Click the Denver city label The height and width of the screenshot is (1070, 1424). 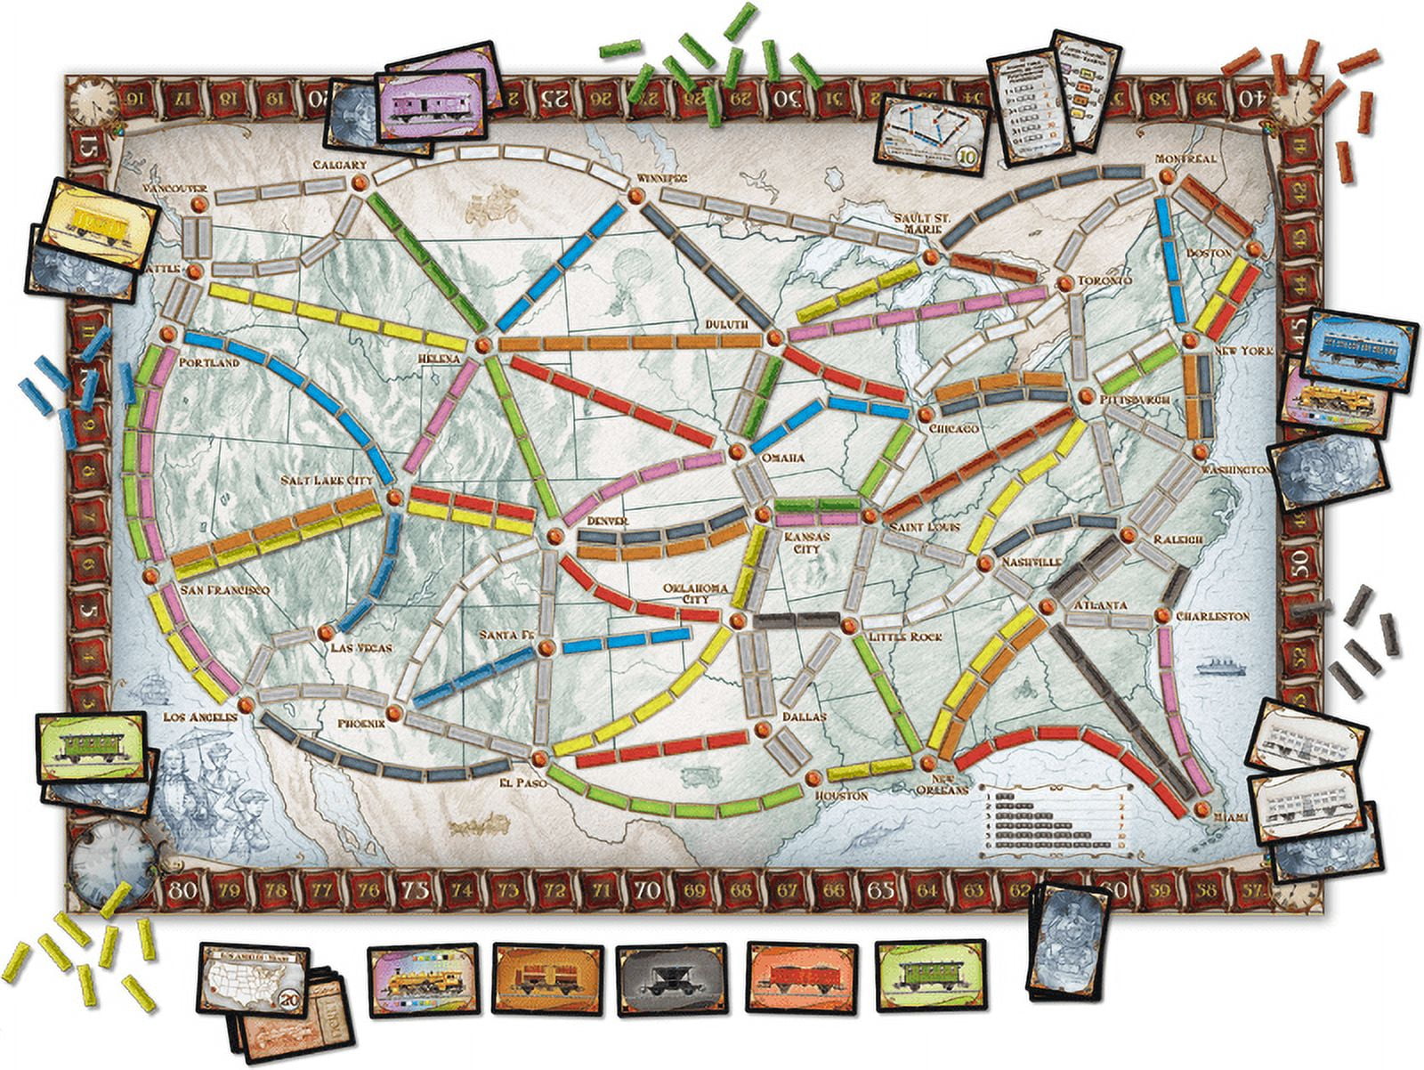coord(608,520)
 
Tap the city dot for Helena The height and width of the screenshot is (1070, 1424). coord(483,345)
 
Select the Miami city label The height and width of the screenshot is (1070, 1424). coord(1235,816)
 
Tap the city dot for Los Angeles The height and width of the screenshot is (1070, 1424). coord(246,703)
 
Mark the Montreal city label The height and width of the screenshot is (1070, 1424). coord(1185,158)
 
